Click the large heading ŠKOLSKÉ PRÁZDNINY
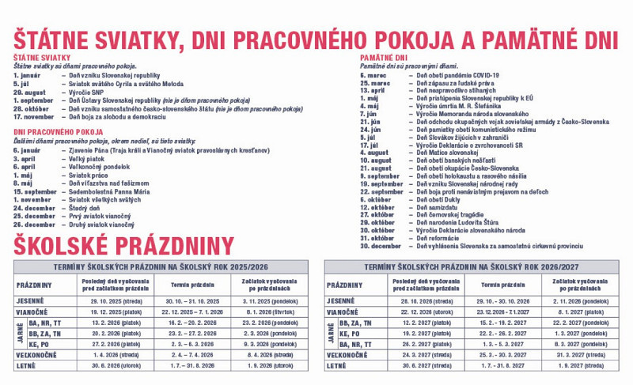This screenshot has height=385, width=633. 123,244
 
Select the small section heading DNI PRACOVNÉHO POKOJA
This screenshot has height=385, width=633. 59,131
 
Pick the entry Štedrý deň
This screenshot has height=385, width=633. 85,208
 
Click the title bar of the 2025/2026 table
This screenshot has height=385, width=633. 161,267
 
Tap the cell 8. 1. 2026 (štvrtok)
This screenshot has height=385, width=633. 270,311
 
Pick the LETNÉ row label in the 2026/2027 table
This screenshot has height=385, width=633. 336,366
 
